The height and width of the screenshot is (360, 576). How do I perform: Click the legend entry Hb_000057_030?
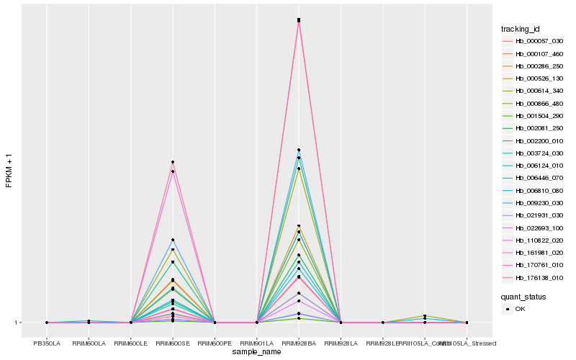534,41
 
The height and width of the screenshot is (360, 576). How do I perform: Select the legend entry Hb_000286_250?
534,66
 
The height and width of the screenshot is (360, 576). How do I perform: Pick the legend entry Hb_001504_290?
534,116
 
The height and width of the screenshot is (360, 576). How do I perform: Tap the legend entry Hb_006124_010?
534,166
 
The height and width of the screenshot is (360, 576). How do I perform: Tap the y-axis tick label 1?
17,323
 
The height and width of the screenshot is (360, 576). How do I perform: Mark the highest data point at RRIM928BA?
299,19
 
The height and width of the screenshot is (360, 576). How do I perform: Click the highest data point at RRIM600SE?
173,162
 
